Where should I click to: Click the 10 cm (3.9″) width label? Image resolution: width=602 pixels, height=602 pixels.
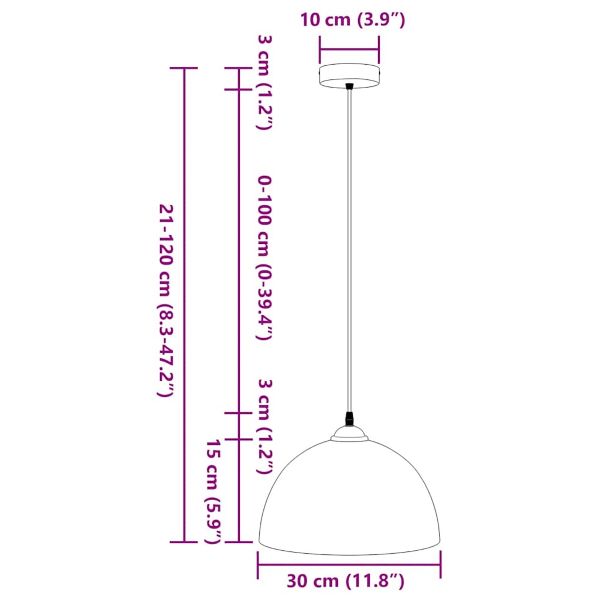352,21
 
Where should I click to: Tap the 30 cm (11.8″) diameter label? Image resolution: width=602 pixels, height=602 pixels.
345,581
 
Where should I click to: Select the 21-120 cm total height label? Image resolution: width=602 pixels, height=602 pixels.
166,301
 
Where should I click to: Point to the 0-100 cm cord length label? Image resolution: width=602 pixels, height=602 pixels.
264,258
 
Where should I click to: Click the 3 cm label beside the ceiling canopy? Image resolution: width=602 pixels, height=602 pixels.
264,83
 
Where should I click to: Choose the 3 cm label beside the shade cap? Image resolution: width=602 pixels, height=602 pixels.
265,426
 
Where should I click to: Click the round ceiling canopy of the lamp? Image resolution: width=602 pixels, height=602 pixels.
350,76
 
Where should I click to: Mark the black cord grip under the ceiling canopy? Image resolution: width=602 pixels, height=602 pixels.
350,87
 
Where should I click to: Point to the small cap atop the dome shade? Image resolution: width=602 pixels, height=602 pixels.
349,434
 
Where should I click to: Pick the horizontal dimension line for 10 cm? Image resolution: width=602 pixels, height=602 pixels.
349,50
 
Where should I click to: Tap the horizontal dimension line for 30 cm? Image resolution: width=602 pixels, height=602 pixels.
349,564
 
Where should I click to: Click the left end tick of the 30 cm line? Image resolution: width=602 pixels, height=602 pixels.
258,564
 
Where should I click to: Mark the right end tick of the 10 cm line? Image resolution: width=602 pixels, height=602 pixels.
379,50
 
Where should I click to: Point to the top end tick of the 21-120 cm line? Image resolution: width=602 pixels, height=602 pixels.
184,68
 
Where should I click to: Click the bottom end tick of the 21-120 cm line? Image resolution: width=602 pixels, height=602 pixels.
184,542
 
